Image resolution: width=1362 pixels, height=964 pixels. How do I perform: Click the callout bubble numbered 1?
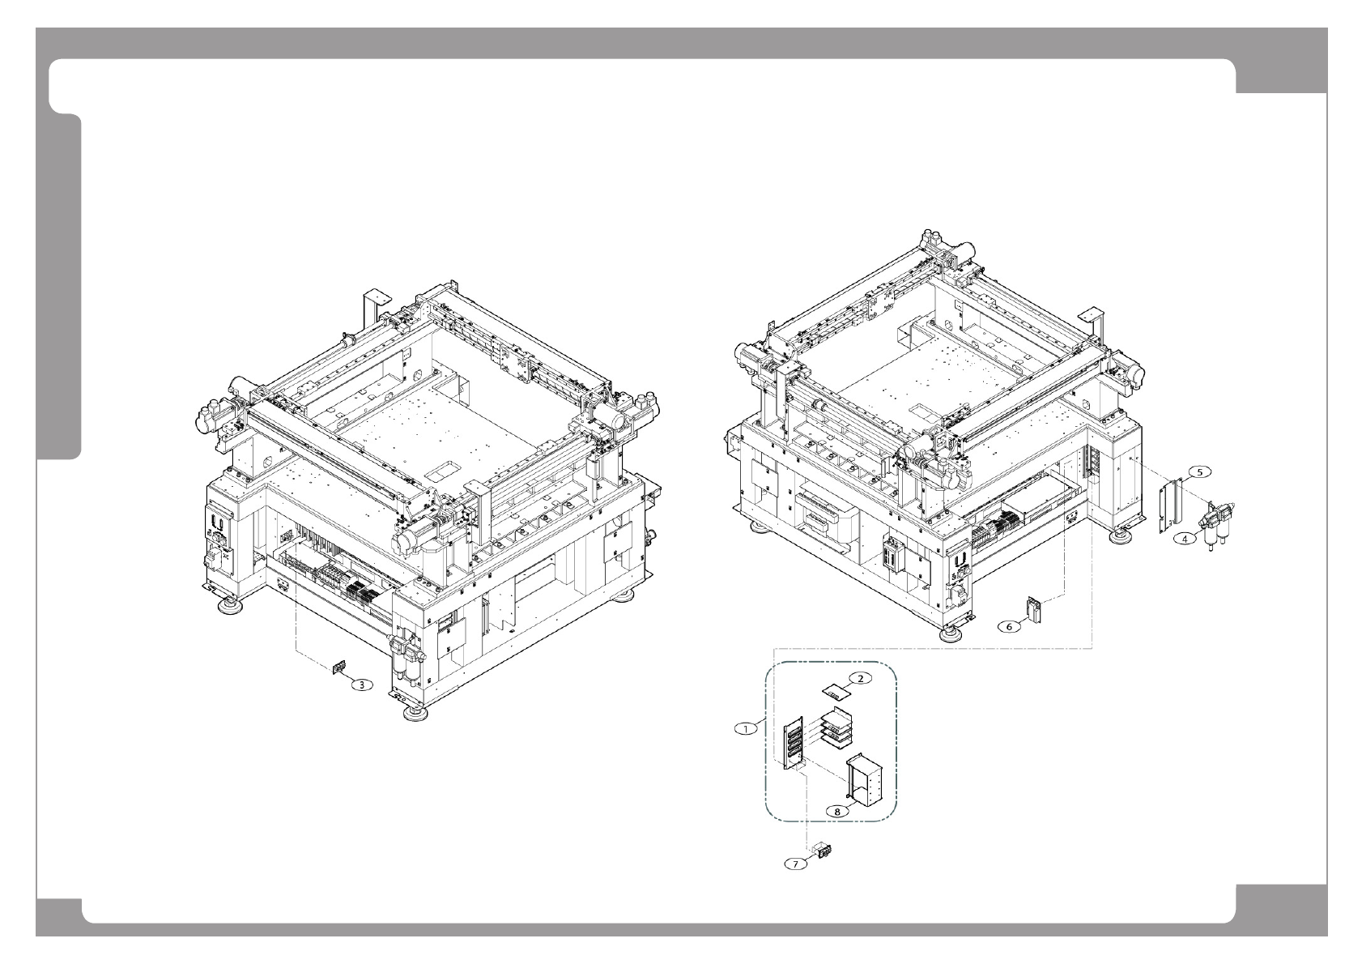pyautogui.click(x=745, y=728)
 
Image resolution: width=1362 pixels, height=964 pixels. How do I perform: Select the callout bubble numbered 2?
pyautogui.click(x=860, y=678)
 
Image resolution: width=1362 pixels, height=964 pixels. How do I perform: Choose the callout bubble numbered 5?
pyautogui.click(x=1200, y=471)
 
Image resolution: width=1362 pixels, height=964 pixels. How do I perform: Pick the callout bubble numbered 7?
pyautogui.click(x=796, y=864)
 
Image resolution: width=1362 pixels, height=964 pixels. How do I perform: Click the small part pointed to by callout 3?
pyautogui.click(x=338, y=667)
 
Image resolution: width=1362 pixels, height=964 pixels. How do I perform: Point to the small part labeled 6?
pyautogui.click(x=1034, y=609)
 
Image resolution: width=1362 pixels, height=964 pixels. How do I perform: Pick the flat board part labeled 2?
pyautogui.click(x=836, y=692)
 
